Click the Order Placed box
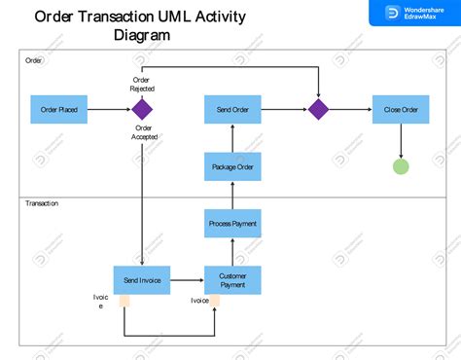59,110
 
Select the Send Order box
232,110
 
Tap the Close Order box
401,110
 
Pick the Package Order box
232,166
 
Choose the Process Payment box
232,224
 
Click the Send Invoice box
142,280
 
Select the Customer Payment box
232,280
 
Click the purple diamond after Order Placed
143,110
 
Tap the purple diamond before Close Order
318,110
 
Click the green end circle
401,165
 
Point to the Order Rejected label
142,84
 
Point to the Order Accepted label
144,132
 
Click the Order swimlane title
33,61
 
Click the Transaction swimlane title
42,203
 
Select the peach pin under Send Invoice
124,301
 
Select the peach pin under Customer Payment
215,301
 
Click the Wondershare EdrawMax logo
413,13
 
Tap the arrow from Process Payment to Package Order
232,196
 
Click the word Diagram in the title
142,36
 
